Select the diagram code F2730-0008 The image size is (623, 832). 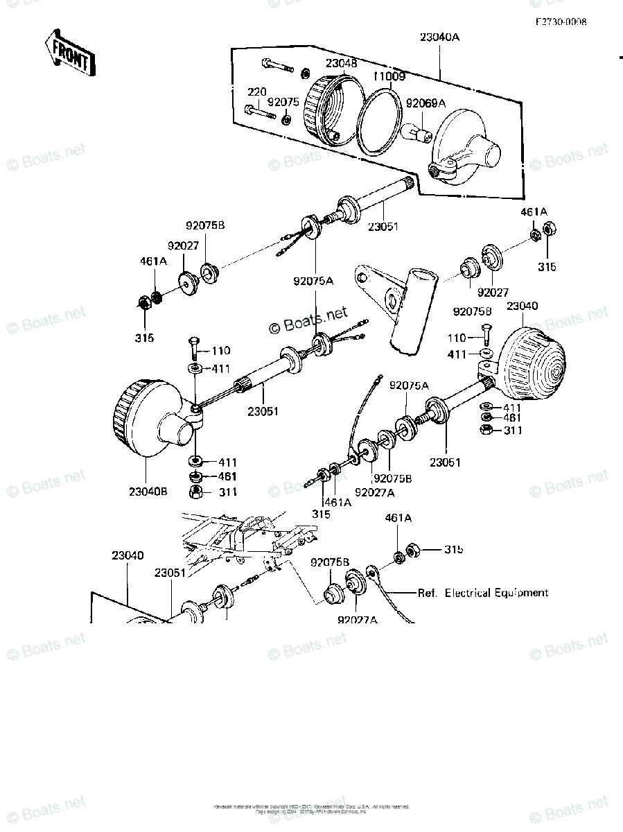(x=560, y=21)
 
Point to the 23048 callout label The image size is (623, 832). (x=342, y=63)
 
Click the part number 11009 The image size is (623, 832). (x=389, y=76)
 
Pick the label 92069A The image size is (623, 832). (x=425, y=104)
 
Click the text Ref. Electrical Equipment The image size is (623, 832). (x=482, y=593)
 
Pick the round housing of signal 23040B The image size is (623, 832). (x=146, y=420)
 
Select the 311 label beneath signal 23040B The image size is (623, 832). (x=228, y=492)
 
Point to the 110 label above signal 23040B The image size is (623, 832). (x=221, y=351)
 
